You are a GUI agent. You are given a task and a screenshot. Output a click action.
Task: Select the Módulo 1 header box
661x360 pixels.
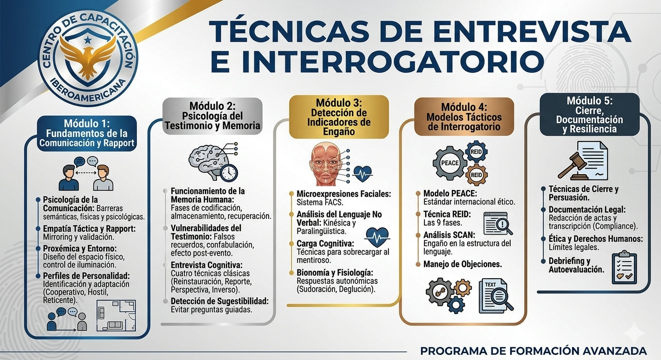(x=87, y=133)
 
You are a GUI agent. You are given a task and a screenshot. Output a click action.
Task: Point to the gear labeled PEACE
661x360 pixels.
(x=449, y=163)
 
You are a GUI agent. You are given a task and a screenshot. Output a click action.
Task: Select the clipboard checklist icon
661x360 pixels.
(x=625, y=267)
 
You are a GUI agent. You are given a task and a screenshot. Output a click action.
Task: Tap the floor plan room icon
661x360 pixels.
(x=116, y=316)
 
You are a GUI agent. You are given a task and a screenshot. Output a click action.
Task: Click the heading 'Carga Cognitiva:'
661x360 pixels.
(x=326, y=244)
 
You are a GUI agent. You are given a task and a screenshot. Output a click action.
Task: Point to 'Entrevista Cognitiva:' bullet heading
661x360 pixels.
(x=206, y=265)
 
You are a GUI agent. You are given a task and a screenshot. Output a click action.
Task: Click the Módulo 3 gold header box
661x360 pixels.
(x=339, y=117)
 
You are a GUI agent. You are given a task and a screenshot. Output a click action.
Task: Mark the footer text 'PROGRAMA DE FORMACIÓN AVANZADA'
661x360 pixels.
(x=533, y=351)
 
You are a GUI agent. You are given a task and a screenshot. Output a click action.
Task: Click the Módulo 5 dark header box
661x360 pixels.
(x=589, y=115)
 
